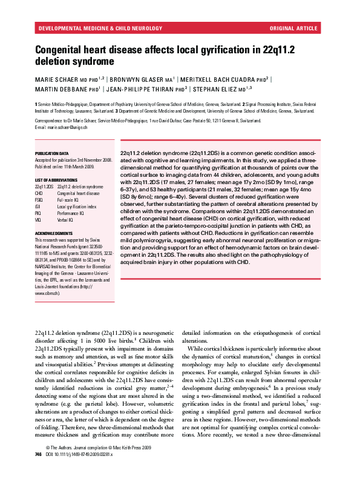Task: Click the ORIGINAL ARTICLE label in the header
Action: (x=294, y=28)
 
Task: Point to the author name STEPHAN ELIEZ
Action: (x=213, y=90)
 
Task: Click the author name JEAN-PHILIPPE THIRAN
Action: (x=143, y=90)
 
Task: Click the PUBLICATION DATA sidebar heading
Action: (x=51, y=154)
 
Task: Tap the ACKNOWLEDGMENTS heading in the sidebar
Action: (x=54, y=233)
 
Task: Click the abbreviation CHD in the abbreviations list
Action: (x=39, y=194)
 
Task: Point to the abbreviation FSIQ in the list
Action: (x=39, y=200)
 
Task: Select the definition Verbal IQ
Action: (x=66, y=220)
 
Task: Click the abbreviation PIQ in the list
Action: (x=38, y=214)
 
